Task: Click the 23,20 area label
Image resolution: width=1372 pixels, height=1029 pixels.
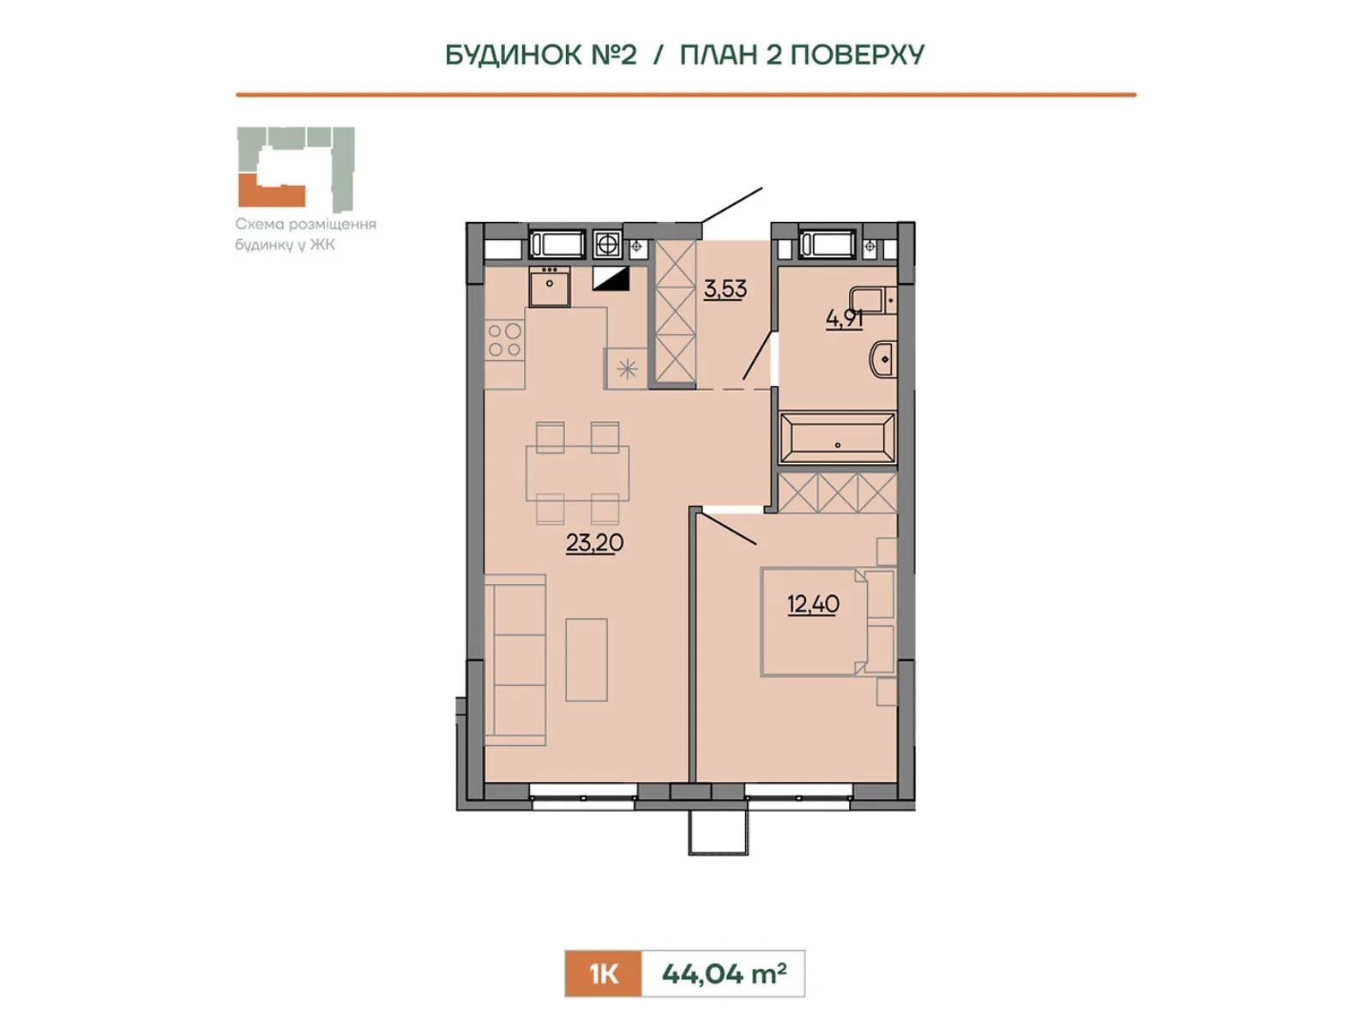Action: click(593, 543)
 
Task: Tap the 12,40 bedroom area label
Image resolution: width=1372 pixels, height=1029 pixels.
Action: click(813, 605)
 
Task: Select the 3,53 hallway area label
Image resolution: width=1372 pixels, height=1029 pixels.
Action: click(725, 289)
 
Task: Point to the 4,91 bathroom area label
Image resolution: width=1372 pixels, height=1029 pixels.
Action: click(845, 319)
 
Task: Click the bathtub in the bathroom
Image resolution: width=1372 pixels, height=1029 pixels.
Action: click(838, 437)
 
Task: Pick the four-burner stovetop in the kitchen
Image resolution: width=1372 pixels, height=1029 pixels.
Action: click(505, 340)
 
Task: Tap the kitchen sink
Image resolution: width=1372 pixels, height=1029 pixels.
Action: click(550, 286)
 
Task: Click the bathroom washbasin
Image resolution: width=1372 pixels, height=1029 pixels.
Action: click(882, 359)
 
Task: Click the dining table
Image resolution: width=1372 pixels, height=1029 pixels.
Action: click(578, 473)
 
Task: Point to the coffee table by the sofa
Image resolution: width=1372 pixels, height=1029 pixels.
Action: click(587, 659)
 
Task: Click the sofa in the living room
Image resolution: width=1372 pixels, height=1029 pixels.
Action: click(515, 659)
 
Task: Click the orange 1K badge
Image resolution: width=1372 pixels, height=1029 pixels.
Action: click(603, 974)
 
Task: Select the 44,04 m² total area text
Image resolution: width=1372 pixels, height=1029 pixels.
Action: click(724, 973)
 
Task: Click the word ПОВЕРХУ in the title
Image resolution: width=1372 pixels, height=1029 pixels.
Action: click(857, 55)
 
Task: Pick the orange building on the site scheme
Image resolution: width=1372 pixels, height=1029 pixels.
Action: click(271, 192)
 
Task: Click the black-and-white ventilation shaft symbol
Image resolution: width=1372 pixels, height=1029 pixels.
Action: click(611, 279)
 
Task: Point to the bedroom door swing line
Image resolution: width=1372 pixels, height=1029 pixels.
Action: click(730, 528)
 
